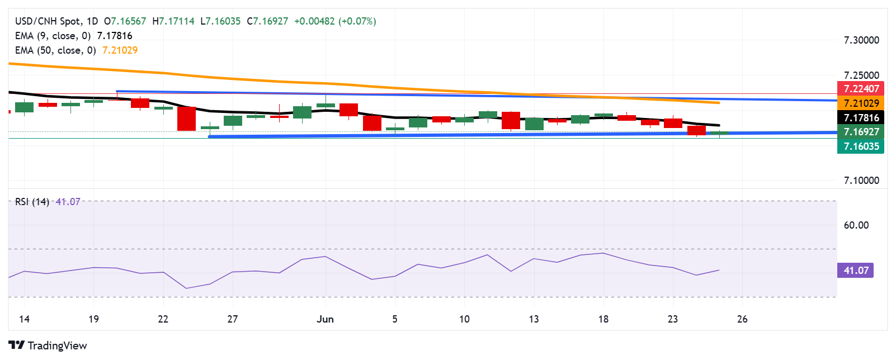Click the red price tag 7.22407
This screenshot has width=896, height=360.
point(861,88)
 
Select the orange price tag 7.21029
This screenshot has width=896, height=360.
point(861,103)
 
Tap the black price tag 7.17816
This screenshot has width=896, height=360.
point(861,117)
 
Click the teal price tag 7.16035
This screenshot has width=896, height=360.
point(861,146)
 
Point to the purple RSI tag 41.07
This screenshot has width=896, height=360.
point(855,271)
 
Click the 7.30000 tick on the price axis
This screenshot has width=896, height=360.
point(861,40)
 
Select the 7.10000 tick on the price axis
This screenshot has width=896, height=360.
point(861,181)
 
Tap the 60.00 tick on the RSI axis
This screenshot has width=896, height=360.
point(856,225)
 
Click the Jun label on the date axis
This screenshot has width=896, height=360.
point(325,319)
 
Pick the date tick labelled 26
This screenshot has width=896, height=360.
point(742,319)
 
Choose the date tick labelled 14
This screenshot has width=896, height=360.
point(24,319)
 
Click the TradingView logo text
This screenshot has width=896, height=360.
point(57,345)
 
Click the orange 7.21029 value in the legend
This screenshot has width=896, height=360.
point(120,50)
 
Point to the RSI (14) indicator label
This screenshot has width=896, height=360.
point(32,202)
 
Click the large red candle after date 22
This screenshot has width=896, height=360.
point(186,119)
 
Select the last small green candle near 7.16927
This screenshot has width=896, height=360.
point(719,133)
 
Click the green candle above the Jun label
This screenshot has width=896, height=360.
point(326,105)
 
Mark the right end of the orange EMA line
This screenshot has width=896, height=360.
point(719,103)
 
